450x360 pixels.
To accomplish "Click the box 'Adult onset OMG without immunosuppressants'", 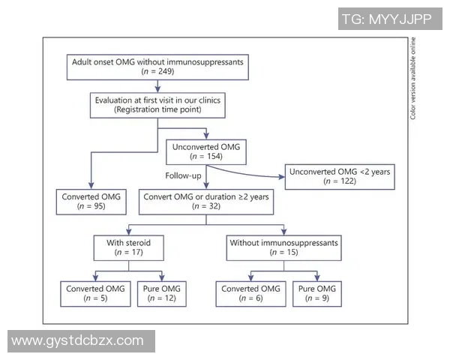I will click(x=157, y=66).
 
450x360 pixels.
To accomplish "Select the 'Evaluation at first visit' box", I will click(x=157, y=104).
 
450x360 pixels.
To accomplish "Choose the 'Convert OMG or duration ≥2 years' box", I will click(x=204, y=201).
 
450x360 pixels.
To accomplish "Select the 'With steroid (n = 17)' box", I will click(x=127, y=248).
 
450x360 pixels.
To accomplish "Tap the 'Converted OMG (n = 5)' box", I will click(x=95, y=293).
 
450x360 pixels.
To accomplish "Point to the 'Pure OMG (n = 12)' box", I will click(x=160, y=293).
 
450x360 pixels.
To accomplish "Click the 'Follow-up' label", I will click(x=183, y=175).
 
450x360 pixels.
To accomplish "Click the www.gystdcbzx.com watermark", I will click(x=79, y=341).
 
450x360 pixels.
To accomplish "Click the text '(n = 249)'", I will click(x=157, y=71).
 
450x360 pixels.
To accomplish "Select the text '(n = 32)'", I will click(x=204, y=206).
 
